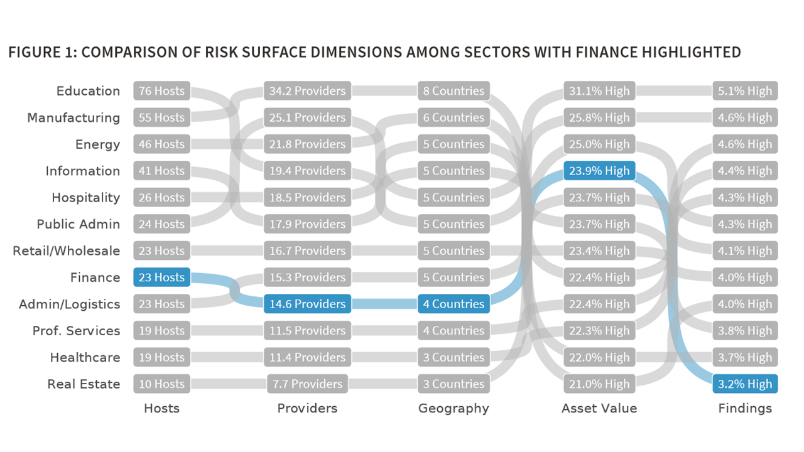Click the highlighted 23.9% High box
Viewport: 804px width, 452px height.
pyautogui.click(x=599, y=171)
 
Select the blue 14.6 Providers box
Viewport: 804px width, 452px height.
pyautogui.click(x=307, y=304)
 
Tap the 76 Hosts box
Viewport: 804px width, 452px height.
pyautogui.click(x=161, y=91)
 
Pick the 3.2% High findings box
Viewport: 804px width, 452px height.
pyautogui.click(x=745, y=384)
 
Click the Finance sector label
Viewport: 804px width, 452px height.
pyautogui.click(x=95, y=277)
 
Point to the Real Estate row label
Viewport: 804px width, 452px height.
pyautogui.click(x=84, y=384)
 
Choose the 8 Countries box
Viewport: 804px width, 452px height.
pyautogui.click(x=454, y=91)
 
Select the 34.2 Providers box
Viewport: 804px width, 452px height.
pyautogui.click(x=307, y=91)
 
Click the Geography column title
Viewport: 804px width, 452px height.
pyautogui.click(x=454, y=409)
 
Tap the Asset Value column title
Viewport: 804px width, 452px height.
pyautogui.click(x=599, y=409)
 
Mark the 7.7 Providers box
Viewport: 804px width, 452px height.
pyautogui.click(x=307, y=384)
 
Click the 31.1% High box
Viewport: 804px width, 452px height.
pyautogui.click(x=599, y=91)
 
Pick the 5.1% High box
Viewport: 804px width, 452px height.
pyautogui.click(x=745, y=91)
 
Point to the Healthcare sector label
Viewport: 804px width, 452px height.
pyautogui.click(x=85, y=357)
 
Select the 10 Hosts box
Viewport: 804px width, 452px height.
pyautogui.click(x=161, y=384)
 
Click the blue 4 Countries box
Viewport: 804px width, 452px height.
pyautogui.click(x=454, y=304)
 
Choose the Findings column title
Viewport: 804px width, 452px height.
pyautogui.click(x=745, y=409)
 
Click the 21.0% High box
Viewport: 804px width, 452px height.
pyautogui.click(x=599, y=384)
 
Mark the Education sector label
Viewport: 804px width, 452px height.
pyautogui.click(x=88, y=91)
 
